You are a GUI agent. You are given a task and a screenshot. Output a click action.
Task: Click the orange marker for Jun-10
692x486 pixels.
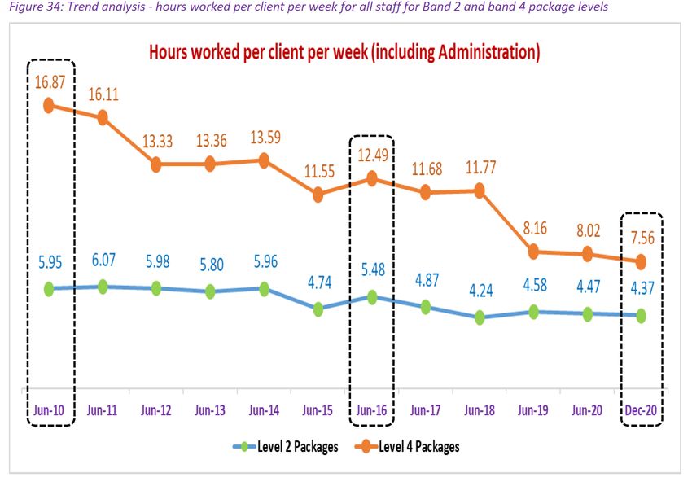point(48,105)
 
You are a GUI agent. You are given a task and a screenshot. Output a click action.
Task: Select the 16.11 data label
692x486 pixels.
point(103,94)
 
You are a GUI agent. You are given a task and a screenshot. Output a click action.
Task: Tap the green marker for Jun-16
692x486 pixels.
point(372,297)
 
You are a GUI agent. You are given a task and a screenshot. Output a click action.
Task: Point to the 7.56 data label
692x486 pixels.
point(640,238)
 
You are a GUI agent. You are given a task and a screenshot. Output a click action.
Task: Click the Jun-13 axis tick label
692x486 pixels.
point(210,411)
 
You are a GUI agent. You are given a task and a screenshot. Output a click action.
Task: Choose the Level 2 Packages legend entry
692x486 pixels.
point(282,446)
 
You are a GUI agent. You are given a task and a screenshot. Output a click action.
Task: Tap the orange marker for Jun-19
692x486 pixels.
point(533,252)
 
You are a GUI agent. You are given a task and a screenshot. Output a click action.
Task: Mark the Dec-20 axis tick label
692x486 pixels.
point(641,411)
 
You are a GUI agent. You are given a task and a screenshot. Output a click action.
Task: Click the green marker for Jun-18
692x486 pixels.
point(480,317)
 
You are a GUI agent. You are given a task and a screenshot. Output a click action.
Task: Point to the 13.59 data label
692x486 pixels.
point(264,136)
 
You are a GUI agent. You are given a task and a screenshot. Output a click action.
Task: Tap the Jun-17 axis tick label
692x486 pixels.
point(425,411)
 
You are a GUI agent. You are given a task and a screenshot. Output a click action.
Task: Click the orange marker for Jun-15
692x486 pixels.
point(318,195)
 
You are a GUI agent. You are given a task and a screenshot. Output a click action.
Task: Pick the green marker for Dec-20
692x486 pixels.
point(641,315)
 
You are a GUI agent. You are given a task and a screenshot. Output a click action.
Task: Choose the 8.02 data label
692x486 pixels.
point(587,230)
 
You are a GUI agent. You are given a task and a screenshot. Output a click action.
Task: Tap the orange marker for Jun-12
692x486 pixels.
point(156,164)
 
